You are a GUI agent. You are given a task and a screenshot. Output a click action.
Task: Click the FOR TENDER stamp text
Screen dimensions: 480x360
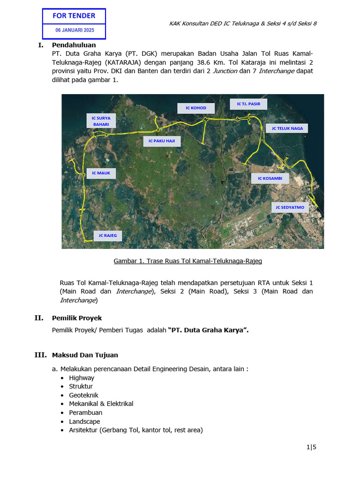point(74,15)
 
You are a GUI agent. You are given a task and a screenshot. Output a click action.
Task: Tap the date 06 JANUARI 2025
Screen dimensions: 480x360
point(74,30)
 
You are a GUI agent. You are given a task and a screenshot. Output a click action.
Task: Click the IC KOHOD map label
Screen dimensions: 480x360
point(195,108)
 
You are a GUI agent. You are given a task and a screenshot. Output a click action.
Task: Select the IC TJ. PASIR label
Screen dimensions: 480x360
point(248,104)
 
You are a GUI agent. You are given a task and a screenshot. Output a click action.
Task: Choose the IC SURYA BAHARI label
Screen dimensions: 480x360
point(101,121)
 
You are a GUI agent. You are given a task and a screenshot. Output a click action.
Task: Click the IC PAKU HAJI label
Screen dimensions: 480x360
point(161,141)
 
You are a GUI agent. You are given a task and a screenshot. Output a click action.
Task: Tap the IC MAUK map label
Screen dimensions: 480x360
point(101,173)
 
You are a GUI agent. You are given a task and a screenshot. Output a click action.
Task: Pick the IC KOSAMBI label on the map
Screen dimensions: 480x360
point(270,178)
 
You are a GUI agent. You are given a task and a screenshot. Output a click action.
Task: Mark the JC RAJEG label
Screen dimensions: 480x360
point(108,235)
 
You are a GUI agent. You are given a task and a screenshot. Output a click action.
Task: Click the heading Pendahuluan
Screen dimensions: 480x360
point(74,45)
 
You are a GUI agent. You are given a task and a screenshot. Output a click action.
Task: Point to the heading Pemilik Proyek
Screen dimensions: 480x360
point(77,318)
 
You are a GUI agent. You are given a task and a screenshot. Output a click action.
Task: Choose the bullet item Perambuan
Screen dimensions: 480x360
point(86,412)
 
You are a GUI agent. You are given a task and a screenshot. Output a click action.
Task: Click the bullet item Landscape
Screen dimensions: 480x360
point(84,421)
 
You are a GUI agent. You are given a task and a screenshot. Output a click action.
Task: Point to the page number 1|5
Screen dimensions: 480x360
point(312,447)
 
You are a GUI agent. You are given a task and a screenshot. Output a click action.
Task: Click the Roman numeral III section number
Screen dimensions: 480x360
point(41,355)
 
